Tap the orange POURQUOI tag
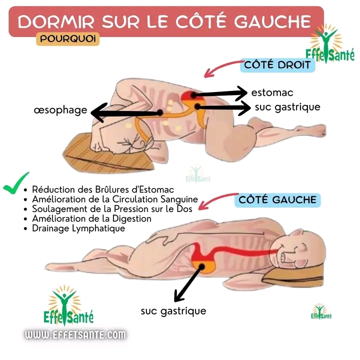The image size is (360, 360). tap(67, 38)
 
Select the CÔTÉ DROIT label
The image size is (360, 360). tap(276, 65)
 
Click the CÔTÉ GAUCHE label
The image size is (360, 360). tap(277, 200)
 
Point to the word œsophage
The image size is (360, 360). tap(60, 109)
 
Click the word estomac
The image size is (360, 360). tap(272, 92)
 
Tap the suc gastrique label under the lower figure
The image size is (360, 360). tap(173, 311)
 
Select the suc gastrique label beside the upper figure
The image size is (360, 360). tap(287, 106)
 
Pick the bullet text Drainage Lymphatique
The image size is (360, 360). tap(78, 228)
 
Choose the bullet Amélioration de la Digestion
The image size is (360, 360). tap(91, 218)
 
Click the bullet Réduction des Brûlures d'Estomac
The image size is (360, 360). tap(103, 189)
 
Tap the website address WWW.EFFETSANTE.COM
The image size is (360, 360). tap(75, 334)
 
